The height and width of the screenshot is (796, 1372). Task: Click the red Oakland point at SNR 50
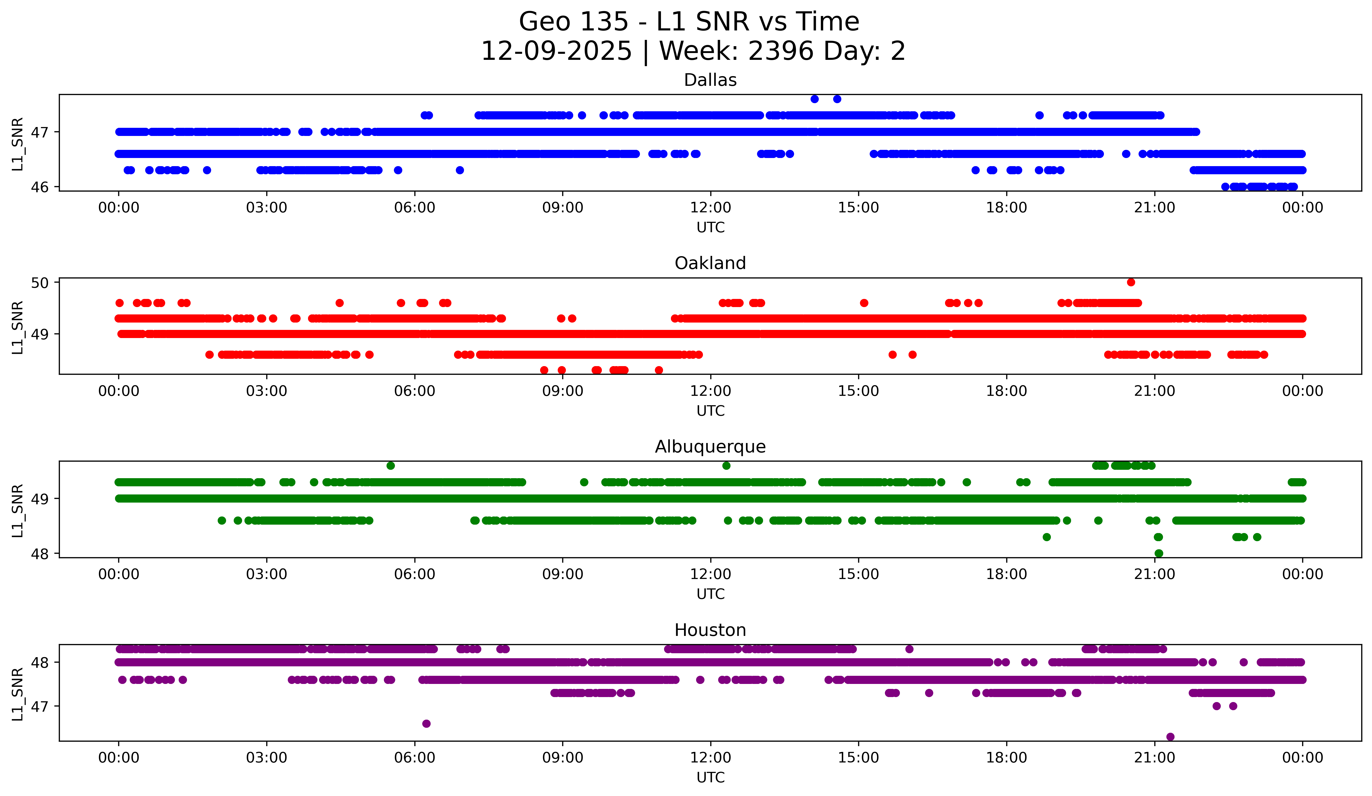point(1131,282)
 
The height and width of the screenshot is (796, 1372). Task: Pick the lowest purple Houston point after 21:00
point(1170,737)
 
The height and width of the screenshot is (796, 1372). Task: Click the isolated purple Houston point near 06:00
point(426,724)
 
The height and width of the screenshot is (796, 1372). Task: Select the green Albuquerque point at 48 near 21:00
point(1159,553)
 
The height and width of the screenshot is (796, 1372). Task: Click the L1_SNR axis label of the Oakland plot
point(17,328)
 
